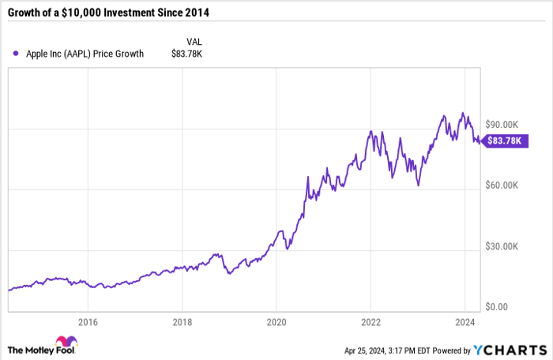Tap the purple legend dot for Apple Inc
coord(15,54)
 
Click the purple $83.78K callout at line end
coord(502,141)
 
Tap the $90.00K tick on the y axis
coord(503,125)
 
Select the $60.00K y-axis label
coord(503,186)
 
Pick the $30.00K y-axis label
coord(503,246)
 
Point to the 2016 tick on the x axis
coord(88,321)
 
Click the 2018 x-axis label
coord(182,321)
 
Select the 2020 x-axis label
coord(276,321)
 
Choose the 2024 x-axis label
coord(465,321)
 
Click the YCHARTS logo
coord(510,349)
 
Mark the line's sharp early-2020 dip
coord(288,249)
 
